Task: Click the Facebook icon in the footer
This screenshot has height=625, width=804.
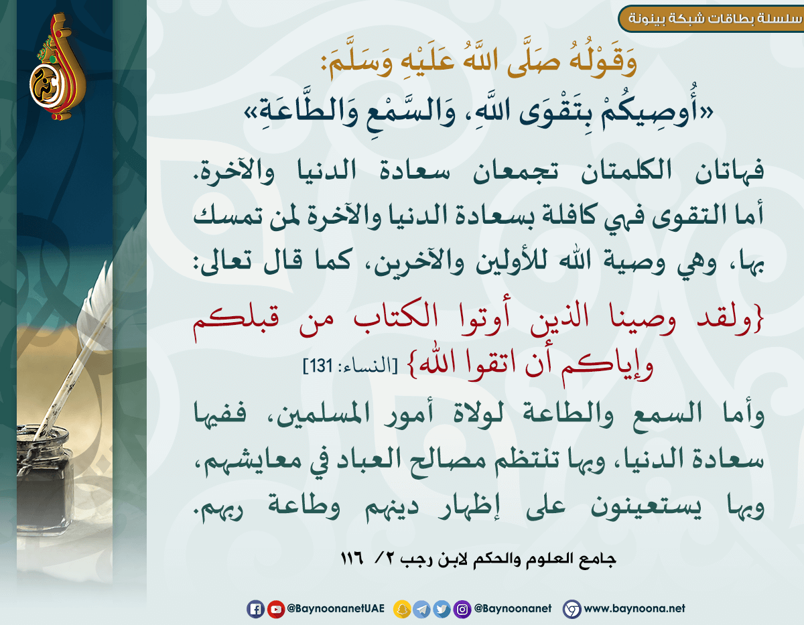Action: coord(255,609)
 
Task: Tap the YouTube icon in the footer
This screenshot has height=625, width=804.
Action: coord(275,609)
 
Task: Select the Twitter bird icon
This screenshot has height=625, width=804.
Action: coord(442,609)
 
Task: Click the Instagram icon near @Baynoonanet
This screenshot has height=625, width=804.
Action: coord(462,609)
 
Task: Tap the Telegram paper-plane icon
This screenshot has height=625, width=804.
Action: coord(422,609)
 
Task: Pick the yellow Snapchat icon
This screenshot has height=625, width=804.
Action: coord(402,609)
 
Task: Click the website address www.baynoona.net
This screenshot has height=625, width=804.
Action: coord(634,608)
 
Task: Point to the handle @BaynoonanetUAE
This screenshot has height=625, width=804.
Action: coord(336,609)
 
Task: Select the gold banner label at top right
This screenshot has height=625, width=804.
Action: coord(711,19)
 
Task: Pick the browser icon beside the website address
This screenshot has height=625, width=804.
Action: coord(572,609)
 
